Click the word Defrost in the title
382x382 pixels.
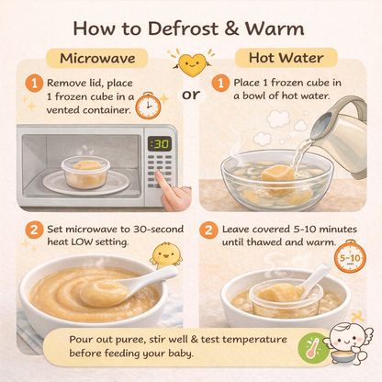[x=183, y=28]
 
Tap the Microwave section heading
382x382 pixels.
[x=97, y=58]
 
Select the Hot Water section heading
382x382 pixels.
[x=286, y=58]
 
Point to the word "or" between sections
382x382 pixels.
[x=191, y=95]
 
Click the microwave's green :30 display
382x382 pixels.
[x=160, y=143]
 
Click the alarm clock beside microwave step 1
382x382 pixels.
[x=148, y=106]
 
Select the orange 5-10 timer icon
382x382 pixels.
[x=350, y=256]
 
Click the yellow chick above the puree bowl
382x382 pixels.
[x=166, y=254]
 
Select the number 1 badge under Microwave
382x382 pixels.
[x=34, y=84]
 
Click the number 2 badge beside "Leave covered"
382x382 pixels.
[x=208, y=230]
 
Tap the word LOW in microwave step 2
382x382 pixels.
[x=82, y=242]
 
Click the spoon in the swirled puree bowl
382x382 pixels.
[x=129, y=286]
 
